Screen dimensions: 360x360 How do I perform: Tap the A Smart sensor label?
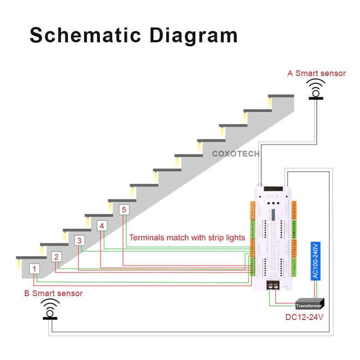click(x=316, y=73)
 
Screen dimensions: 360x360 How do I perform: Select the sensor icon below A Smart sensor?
click(x=316, y=89)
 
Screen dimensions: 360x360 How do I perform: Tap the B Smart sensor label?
click(x=53, y=293)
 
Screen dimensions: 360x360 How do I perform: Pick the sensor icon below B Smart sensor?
click(x=50, y=309)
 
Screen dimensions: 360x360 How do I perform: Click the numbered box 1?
click(x=35, y=269)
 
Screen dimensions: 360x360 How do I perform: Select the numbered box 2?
click(x=56, y=257)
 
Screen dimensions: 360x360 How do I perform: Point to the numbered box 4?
click(x=102, y=226)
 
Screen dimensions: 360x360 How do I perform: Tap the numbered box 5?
click(x=124, y=210)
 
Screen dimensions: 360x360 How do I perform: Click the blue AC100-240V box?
click(x=315, y=261)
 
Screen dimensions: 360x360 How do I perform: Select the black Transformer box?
click(x=310, y=305)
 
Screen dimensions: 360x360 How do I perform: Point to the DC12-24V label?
click(x=304, y=317)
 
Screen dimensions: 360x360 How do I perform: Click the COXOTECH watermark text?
click(x=235, y=153)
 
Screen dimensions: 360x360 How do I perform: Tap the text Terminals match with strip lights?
click(x=187, y=238)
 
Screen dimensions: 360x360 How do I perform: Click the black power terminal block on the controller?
click(x=273, y=284)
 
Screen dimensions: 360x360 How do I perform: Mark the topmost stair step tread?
click(x=281, y=96)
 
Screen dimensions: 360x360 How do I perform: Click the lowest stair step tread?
click(x=31, y=258)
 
